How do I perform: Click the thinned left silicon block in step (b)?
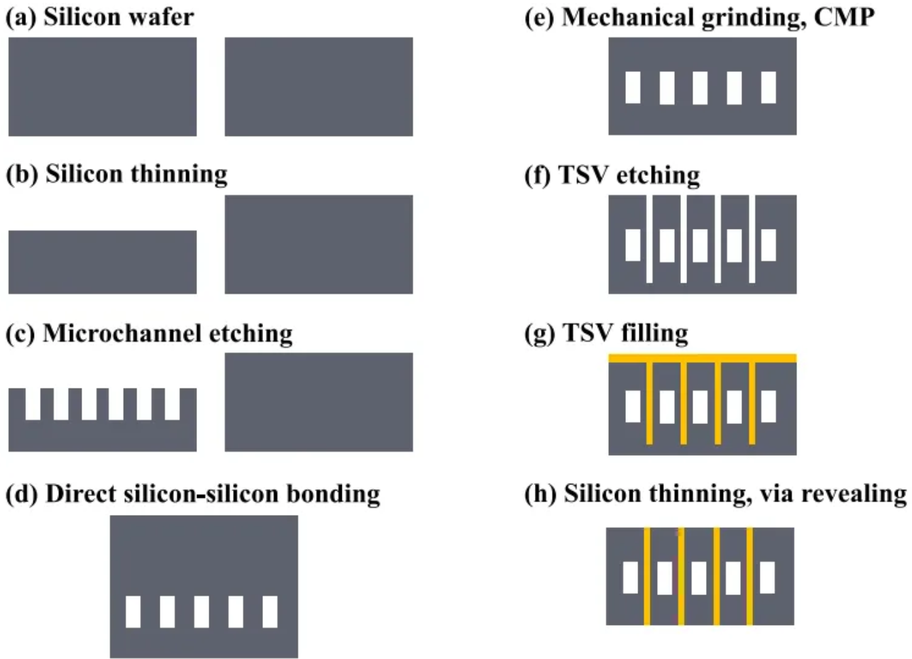[103, 262]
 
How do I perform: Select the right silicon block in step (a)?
[319, 87]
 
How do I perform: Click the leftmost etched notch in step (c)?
[33, 404]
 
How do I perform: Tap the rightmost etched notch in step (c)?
[172, 404]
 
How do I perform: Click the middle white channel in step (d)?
[201, 611]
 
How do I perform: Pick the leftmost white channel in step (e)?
[633, 87]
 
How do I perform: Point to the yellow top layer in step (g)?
[702, 358]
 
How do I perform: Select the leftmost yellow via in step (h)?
[646, 576]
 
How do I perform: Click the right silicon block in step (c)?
[319, 402]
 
